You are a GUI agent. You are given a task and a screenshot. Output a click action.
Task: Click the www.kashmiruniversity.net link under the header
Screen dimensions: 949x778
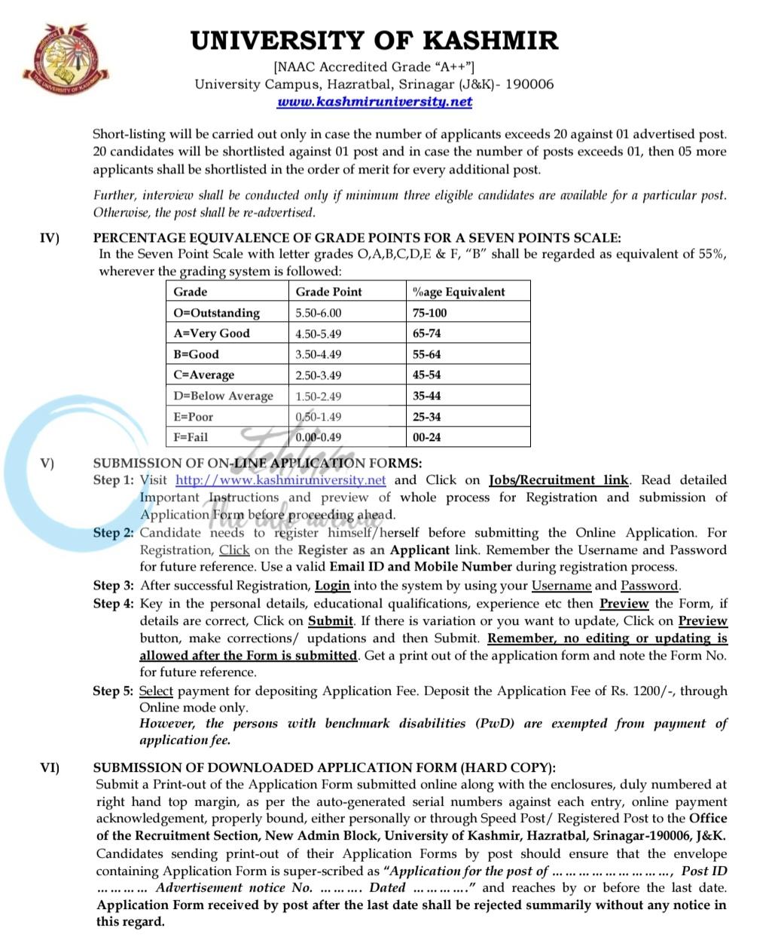(374, 102)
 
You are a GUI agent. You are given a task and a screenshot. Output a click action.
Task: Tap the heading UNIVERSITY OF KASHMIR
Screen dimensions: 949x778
(374, 40)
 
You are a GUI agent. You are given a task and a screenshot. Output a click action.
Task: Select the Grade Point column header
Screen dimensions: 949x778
(328, 292)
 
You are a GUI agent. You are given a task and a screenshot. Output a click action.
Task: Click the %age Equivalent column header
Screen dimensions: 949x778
(459, 292)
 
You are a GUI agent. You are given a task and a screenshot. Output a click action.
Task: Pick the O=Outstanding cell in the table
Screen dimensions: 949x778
(216, 313)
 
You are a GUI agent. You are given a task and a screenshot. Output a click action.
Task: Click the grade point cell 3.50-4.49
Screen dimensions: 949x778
(318, 354)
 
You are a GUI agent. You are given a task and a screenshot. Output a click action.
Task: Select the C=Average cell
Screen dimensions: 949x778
(203, 375)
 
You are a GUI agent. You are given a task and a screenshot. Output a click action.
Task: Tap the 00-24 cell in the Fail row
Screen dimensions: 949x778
(426, 437)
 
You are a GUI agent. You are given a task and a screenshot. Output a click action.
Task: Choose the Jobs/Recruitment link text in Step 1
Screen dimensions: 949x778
(558, 480)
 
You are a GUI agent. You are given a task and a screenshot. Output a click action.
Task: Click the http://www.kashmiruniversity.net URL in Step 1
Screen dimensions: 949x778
(280, 480)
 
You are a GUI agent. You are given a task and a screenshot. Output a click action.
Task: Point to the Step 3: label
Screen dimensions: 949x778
(113, 586)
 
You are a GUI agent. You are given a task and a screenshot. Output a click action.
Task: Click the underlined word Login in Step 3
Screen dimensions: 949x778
(332, 586)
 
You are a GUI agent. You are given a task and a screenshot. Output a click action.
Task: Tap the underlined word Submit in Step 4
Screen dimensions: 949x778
(330, 621)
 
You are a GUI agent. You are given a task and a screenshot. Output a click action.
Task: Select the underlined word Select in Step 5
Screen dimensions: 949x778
(156, 691)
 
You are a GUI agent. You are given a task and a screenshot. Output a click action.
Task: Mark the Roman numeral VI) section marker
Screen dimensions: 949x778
(50, 767)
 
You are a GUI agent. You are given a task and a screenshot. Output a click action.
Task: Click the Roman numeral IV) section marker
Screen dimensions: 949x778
(50, 238)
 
